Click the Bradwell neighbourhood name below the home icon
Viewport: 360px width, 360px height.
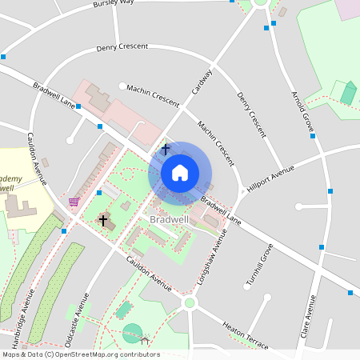pyautogui.click(x=169, y=219)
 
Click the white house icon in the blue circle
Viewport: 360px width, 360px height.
pyautogui.click(x=180, y=173)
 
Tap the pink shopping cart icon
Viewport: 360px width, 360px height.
pyautogui.click(x=74, y=202)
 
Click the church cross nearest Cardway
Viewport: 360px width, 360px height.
pyautogui.click(x=165, y=149)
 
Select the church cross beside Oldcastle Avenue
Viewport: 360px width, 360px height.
pyautogui.click(x=103, y=219)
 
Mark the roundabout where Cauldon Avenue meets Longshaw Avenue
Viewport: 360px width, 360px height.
pyautogui.click(x=190, y=302)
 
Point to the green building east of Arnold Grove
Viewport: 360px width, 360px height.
pyautogui.click(x=348, y=93)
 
